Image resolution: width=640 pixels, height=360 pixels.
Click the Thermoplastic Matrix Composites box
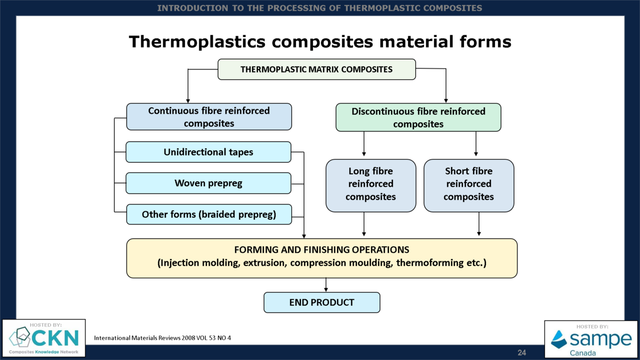[316, 69]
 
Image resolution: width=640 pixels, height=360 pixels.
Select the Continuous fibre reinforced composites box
[209, 117]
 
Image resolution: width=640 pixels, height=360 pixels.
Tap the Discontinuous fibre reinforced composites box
[418, 117]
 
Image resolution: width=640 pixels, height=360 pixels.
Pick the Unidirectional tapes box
[209, 152]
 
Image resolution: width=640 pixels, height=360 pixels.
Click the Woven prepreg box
[209, 183]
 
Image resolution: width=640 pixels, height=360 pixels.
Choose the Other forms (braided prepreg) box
[209, 214]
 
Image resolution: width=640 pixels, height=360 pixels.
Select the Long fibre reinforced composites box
[371, 185]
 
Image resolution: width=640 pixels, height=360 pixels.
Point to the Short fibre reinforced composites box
[469, 185]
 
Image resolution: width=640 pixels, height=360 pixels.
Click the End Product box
[322, 302]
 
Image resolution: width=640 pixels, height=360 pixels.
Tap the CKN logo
[44, 338]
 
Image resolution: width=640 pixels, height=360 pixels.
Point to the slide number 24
[522, 353]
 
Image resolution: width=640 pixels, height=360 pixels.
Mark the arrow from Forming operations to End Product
[326, 285]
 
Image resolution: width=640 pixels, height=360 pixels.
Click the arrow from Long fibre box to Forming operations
[364, 224]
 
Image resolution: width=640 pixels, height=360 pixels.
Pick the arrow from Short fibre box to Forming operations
[479, 224]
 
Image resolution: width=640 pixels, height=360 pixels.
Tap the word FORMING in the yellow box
[256, 250]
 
